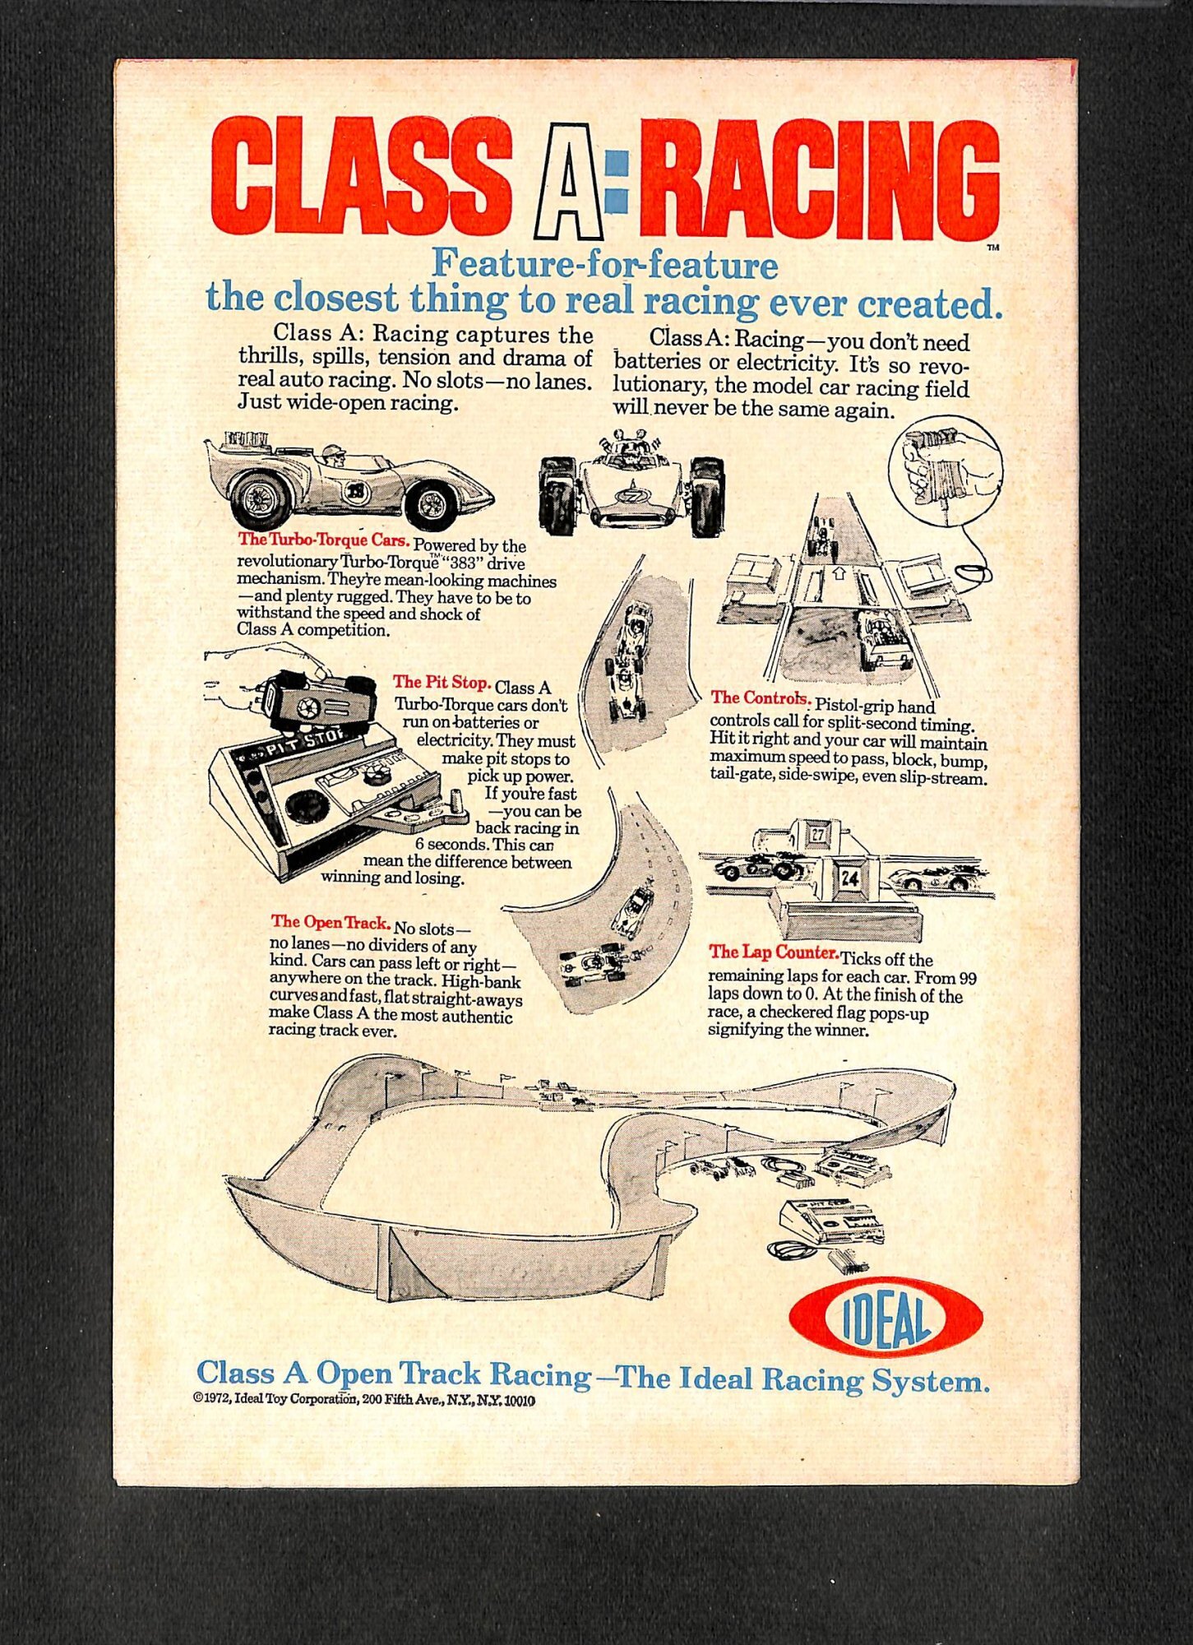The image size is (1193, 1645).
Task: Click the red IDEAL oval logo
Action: click(885, 1317)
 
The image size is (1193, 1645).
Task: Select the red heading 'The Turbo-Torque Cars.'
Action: click(323, 540)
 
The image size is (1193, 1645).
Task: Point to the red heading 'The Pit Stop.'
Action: click(442, 682)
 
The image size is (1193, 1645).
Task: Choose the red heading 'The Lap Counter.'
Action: click(773, 952)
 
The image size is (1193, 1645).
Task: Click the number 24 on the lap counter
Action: click(849, 878)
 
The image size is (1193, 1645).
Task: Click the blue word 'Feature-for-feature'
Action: click(604, 264)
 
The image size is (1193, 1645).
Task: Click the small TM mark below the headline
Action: click(992, 247)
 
